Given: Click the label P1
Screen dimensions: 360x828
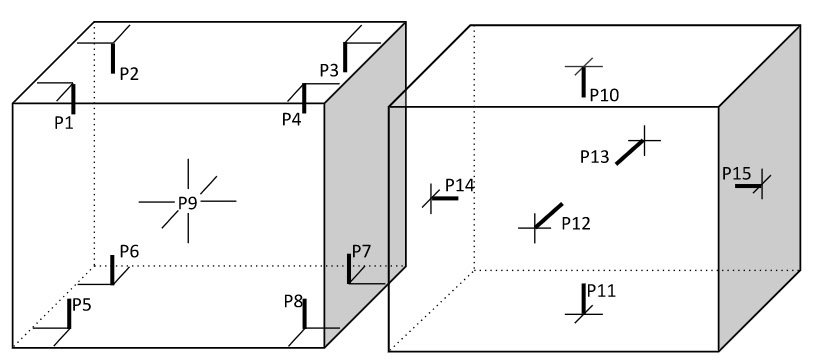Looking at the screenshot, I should point(64,120).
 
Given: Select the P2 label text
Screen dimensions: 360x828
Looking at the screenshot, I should point(129,73).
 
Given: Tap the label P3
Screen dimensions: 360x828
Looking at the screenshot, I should point(329,70).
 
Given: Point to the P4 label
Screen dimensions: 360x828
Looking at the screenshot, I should point(291,119).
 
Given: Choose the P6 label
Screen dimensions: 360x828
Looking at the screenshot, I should point(129,250).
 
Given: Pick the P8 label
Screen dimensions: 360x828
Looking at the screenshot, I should point(293,300).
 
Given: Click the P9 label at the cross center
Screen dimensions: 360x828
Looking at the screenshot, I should point(188,202).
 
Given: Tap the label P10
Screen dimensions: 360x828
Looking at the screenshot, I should point(604,95).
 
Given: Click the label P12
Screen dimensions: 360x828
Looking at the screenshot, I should point(575,223).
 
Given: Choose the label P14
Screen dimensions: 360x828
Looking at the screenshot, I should point(460,185).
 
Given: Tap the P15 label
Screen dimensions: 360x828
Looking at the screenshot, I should point(737,173).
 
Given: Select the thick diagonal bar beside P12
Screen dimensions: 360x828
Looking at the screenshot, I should point(548,215).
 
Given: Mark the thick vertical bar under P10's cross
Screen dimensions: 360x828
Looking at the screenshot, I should point(582,83).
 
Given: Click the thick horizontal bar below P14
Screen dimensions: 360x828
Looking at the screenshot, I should point(445,198).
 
